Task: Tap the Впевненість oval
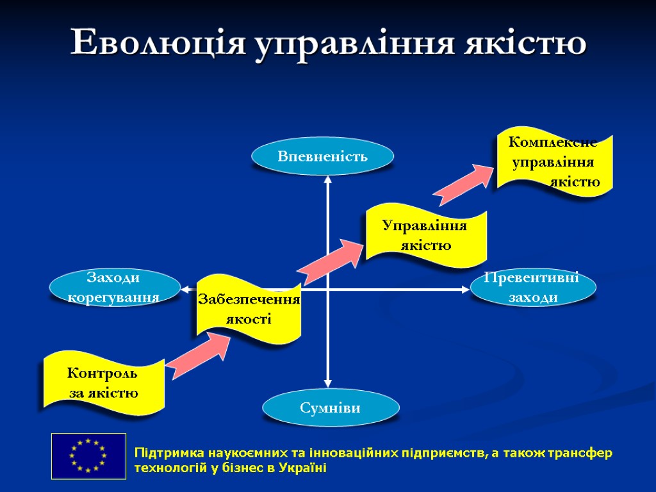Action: coord(322,156)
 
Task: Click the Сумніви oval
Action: coord(331,407)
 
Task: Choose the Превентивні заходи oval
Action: coord(534,288)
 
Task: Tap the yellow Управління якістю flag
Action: coord(425,235)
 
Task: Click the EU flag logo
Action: coord(88,455)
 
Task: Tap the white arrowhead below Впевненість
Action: coord(328,182)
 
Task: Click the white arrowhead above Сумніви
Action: coord(328,382)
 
